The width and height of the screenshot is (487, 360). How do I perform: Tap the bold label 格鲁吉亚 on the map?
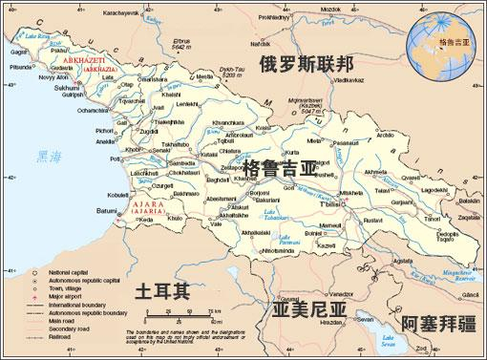coord(279,169)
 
